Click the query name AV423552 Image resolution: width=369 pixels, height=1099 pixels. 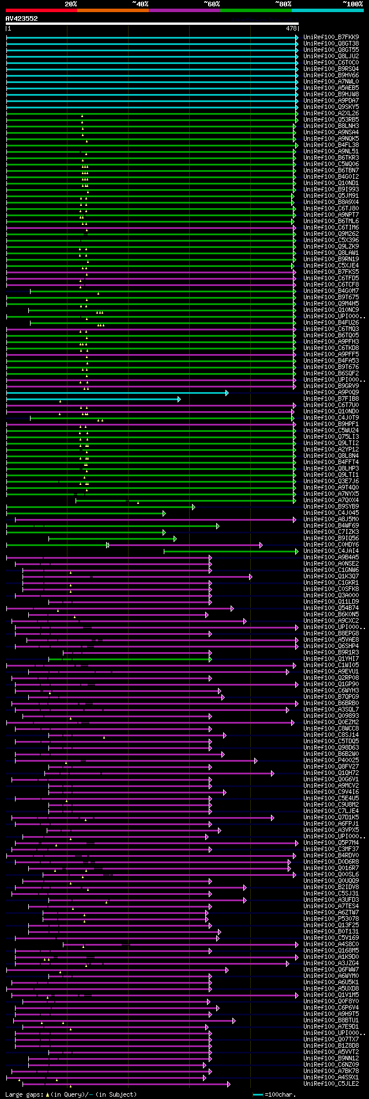coord(22,18)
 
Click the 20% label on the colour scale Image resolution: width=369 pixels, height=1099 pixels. coord(71,4)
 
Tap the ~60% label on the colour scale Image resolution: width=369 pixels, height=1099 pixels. coord(212,4)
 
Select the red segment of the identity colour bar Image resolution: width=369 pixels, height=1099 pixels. coord(41,10)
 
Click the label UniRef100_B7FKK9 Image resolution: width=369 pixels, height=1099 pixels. coord(331,37)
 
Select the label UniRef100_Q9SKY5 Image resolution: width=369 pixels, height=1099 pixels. coord(331,107)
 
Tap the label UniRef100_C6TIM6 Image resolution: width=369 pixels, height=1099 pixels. coord(331,228)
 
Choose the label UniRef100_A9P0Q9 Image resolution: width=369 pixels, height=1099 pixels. coord(331,393)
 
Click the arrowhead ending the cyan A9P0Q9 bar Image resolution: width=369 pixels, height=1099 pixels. coord(227,393)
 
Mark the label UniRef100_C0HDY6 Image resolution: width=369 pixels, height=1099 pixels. coord(331,545)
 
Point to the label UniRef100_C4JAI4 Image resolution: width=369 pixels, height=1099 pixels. coord(331,551)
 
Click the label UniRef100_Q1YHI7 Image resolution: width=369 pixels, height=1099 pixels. coord(331,659)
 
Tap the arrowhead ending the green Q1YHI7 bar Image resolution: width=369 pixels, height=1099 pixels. coord(210,659)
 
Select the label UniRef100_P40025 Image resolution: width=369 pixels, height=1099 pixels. coord(331,761)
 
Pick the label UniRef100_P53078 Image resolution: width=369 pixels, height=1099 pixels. coord(331,919)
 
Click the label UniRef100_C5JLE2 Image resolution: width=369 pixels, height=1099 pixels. coord(331,1084)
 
